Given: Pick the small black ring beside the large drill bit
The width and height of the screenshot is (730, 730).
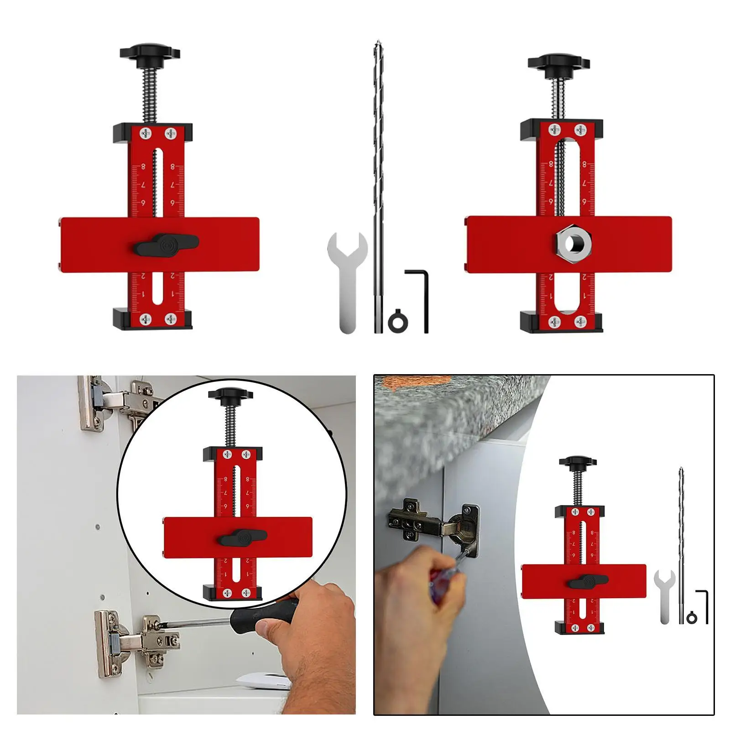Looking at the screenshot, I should coord(398,322).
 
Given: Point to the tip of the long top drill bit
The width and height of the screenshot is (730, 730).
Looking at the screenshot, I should coord(377,44).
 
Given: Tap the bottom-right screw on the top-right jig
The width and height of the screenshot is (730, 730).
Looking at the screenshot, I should coord(580,322).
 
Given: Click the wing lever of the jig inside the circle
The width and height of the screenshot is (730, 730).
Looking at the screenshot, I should coord(242,538).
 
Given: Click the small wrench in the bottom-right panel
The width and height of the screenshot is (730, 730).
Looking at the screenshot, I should coord(664,593).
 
